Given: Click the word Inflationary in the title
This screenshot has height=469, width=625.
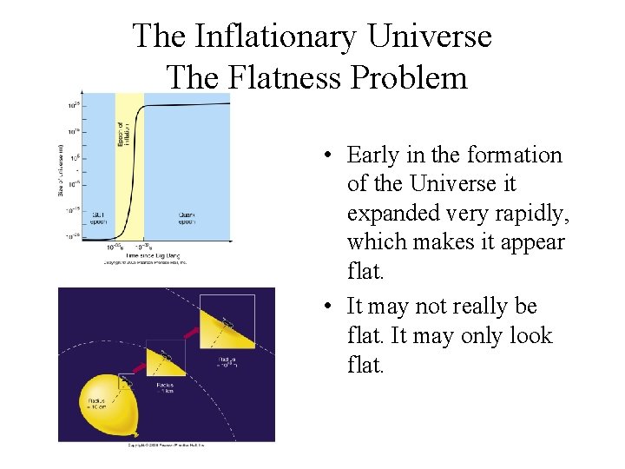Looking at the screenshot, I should click(x=275, y=36).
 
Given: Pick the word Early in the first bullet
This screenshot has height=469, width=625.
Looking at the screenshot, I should click(x=372, y=155).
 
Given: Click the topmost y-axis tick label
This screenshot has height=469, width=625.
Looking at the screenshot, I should click(x=73, y=105).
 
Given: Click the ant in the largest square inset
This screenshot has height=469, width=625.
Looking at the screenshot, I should click(x=227, y=321).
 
